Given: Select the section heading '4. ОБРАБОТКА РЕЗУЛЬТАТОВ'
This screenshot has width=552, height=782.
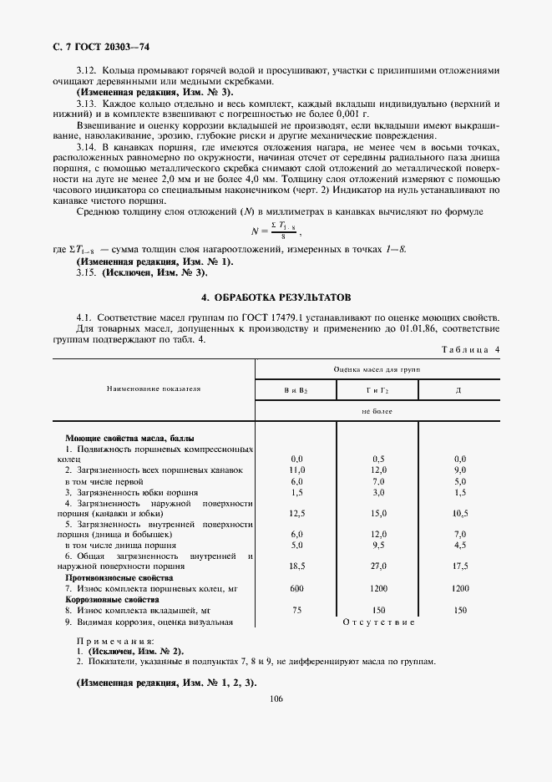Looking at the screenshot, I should (276, 297).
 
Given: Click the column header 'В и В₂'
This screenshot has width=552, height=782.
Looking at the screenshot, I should (296, 389).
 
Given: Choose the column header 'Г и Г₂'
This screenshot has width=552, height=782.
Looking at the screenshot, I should (377, 389).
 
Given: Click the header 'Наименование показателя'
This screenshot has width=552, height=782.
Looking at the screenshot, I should (153, 388).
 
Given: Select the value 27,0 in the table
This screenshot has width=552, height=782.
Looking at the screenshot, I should (378, 566).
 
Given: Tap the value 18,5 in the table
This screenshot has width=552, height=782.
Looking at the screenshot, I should (296, 566).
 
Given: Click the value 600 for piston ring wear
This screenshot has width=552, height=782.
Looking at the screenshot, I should (296, 588).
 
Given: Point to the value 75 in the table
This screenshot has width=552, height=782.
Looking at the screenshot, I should (296, 610).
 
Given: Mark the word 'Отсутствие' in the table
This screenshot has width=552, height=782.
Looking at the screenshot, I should (378, 622).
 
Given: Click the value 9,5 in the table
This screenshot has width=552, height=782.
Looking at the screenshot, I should (378, 545).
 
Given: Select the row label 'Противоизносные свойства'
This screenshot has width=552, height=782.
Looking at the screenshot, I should (119, 577).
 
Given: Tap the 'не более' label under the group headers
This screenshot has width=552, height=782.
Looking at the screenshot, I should (377, 412).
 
